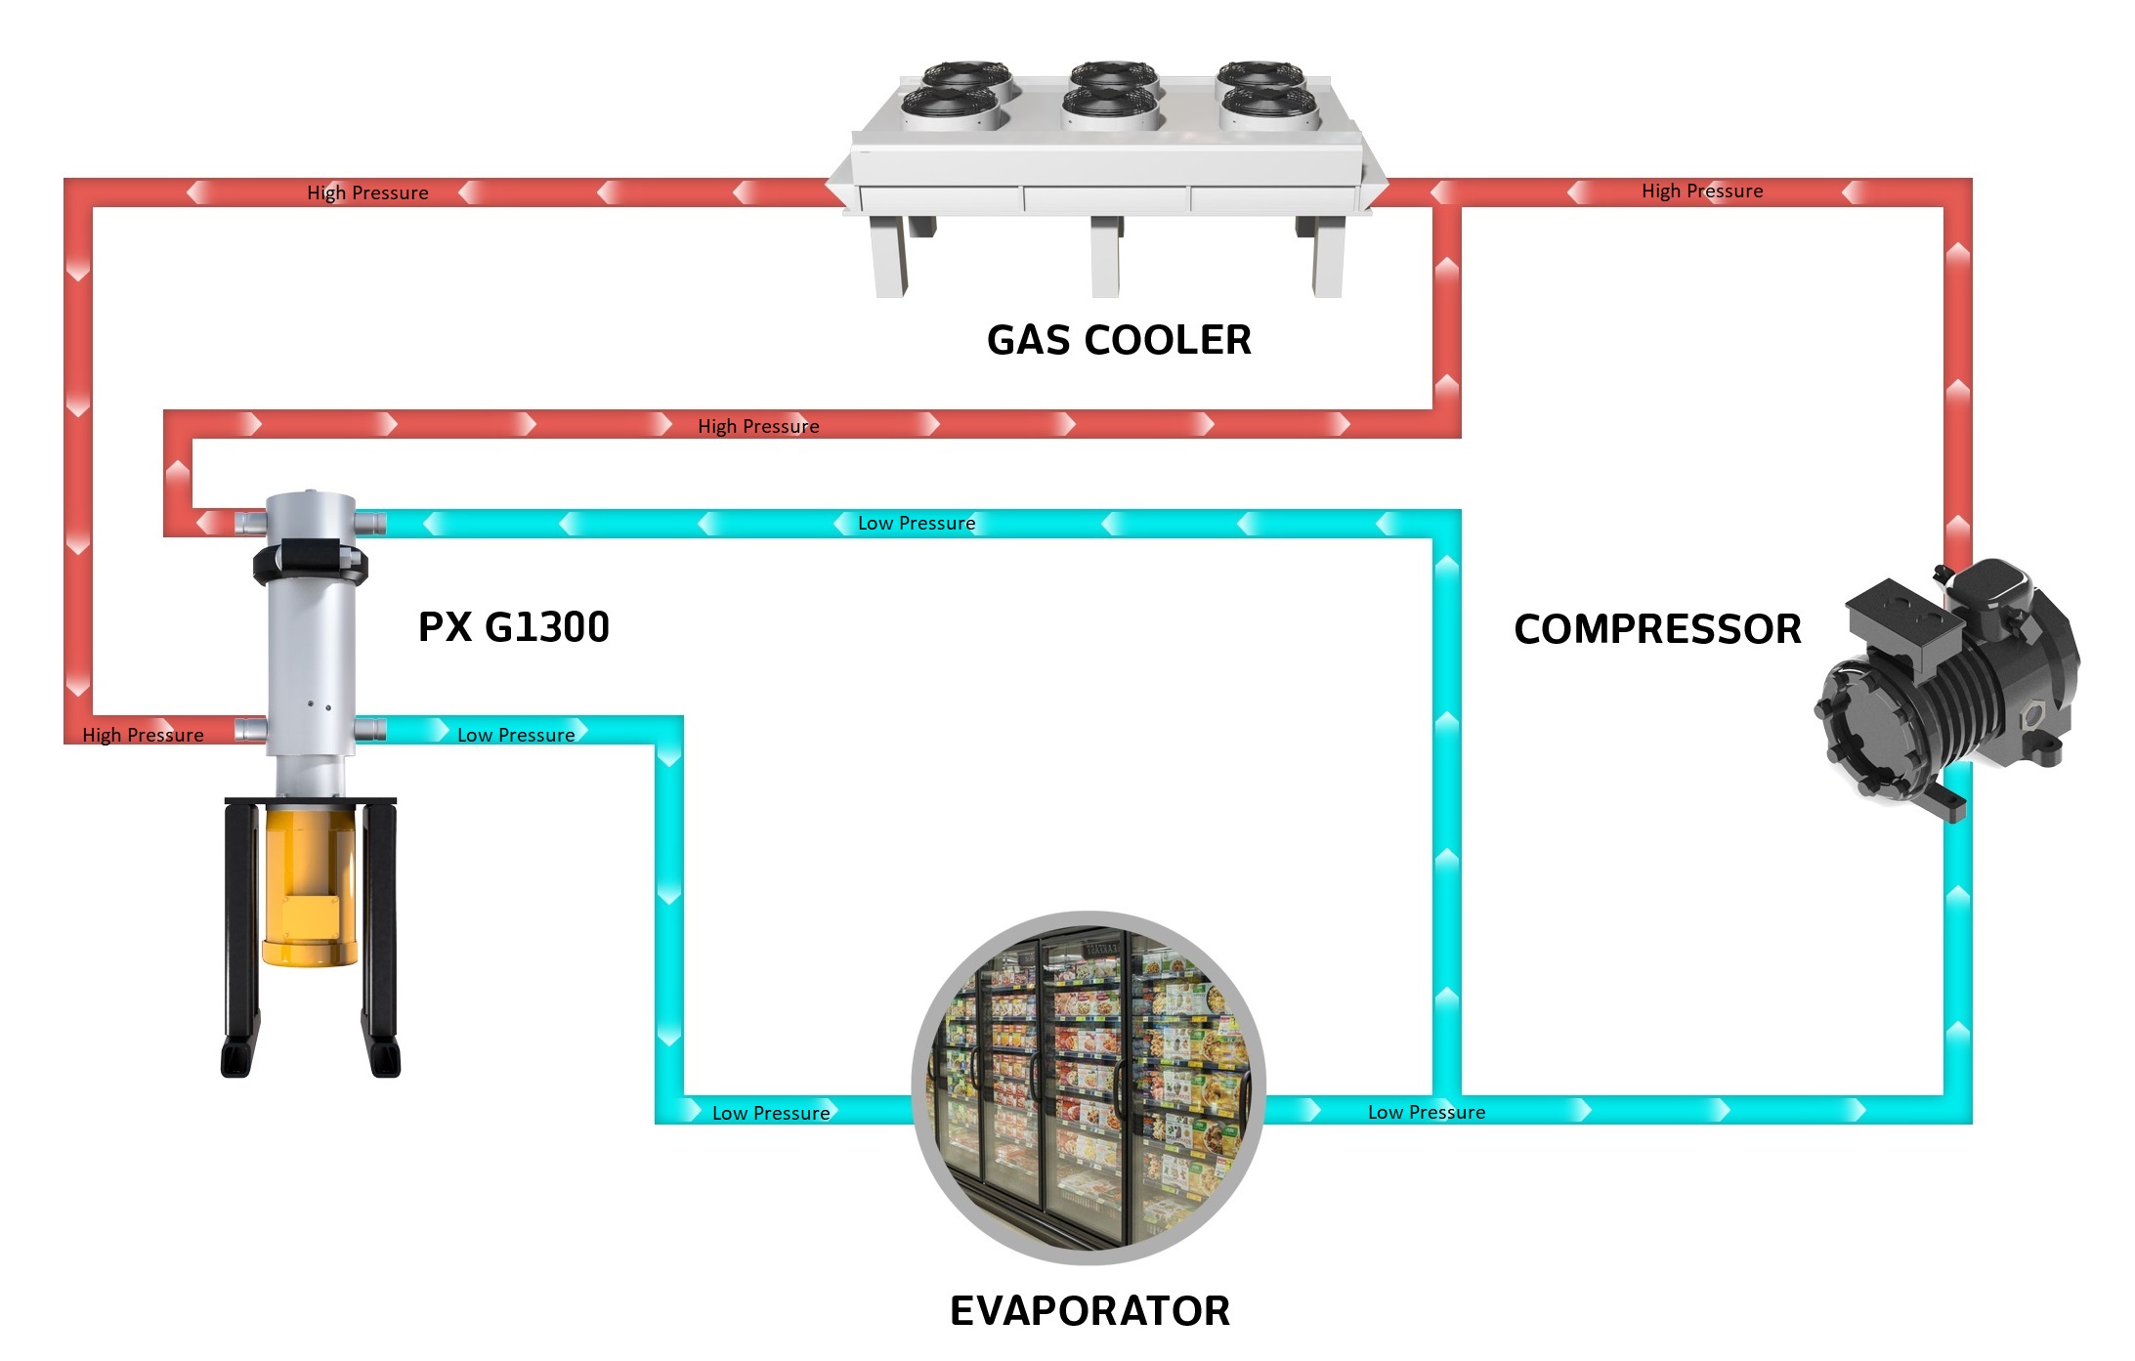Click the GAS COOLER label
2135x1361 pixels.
point(1119,340)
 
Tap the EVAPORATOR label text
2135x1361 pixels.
point(1089,1311)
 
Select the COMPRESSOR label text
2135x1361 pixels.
point(1657,629)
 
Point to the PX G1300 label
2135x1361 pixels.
point(514,627)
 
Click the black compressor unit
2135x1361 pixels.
point(1944,684)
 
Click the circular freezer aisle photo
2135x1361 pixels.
point(1089,1087)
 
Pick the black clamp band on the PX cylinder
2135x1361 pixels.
point(311,562)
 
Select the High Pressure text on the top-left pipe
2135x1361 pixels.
point(367,192)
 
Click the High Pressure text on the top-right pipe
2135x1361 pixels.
point(1702,191)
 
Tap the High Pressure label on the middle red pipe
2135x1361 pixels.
point(758,426)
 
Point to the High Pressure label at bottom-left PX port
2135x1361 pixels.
point(143,735)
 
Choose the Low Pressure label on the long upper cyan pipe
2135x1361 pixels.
point(917,523)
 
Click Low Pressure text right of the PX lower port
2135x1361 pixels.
point(516,735)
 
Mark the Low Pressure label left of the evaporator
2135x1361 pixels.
point(771,1113)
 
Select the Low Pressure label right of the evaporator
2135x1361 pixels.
point(1427,1112)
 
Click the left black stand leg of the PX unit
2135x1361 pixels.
point(241,938)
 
